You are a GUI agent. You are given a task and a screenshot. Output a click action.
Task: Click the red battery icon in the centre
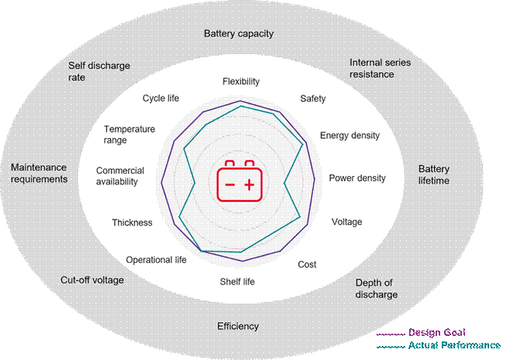point(239,181)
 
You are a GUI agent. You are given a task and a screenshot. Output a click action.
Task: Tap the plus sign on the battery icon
point(249,185)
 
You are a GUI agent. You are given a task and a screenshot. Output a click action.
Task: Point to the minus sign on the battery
point(230,185)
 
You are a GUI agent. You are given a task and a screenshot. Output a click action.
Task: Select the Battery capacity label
point(238,33)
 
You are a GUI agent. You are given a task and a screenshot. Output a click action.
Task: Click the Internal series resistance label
point(380,68)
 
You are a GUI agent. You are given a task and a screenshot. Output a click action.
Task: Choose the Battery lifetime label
point(434,175)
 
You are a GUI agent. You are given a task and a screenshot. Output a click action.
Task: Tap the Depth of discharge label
point(377,289)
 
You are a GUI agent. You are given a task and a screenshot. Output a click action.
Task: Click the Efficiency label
point(238,327)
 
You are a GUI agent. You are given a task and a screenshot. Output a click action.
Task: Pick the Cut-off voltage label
point(92,280)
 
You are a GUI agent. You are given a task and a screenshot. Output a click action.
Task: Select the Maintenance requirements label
point(39,173)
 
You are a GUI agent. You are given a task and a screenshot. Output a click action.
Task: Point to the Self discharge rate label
point(99,71)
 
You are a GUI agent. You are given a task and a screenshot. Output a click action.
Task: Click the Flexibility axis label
point(241,81)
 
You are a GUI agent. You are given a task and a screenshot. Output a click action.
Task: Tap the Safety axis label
point(313,99)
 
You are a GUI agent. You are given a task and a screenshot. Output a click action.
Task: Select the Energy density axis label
point(350,136)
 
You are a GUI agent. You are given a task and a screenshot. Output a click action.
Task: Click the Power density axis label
point(357,178)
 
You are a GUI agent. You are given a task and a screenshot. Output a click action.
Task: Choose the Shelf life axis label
point(238,282)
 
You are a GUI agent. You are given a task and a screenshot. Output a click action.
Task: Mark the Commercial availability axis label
point(120,176)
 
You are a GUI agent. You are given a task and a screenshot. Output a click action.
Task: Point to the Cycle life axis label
point(161,99)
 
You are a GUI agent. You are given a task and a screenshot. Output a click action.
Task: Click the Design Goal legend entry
point(421,333)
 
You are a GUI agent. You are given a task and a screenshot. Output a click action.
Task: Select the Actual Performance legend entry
point(439,345)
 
